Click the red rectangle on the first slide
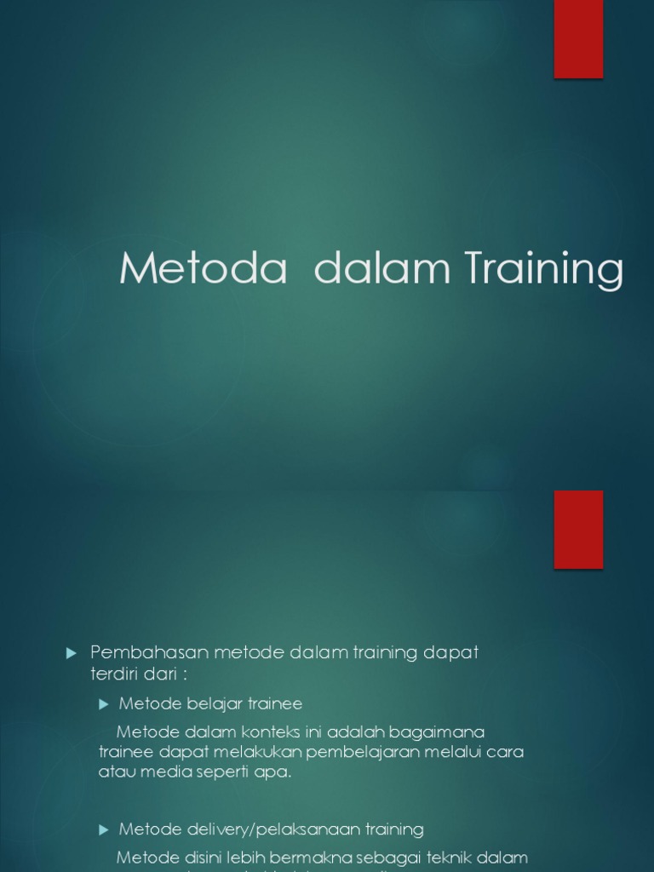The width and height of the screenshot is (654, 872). click(578, 39)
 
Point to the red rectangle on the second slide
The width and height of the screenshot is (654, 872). click(578, 529)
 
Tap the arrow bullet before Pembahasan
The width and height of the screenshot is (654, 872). click(71, 653)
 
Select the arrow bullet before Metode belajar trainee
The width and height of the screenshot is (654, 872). click(104, 704)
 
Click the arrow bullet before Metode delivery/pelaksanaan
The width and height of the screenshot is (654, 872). click(104, 829)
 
